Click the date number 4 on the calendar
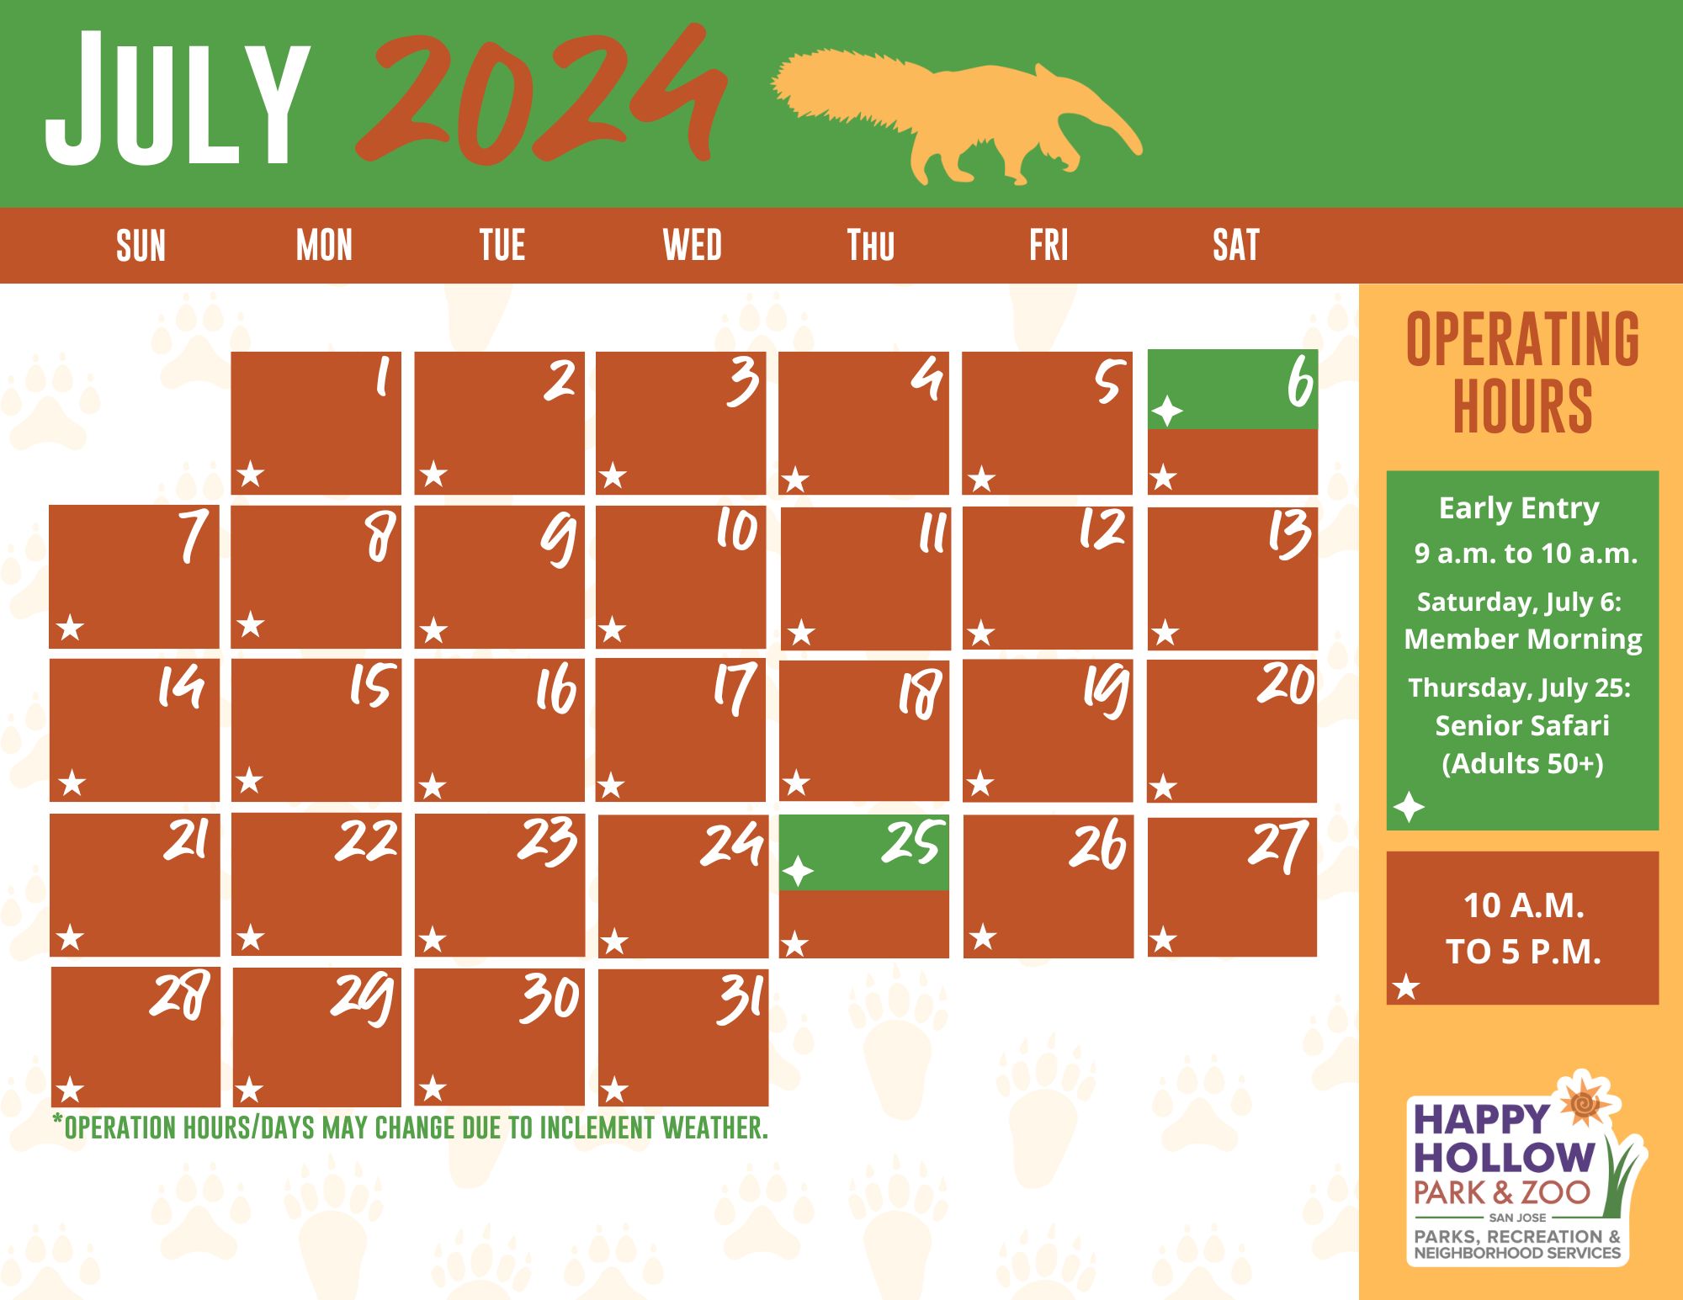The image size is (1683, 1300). (926, 379)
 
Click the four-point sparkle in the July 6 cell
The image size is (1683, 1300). (1167, 411)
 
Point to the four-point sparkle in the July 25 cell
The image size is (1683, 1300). (798, 872)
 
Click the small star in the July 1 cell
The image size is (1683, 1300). (251, 475)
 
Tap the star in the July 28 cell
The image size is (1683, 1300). (70, 1090)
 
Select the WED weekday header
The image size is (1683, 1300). (692, 246)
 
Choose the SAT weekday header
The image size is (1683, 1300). (1235, 246)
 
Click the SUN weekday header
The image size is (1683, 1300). (141, 247)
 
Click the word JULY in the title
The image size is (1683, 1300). (177, 99)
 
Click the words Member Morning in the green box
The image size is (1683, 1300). (1522, 639)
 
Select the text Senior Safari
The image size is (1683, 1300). (1521, 725)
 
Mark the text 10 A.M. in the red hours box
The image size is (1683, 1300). (1523, 906)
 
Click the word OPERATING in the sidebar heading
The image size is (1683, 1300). (1522, 339)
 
